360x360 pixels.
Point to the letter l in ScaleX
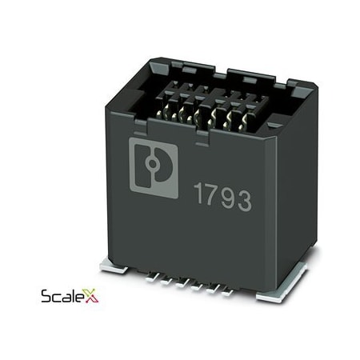point(73,296)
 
